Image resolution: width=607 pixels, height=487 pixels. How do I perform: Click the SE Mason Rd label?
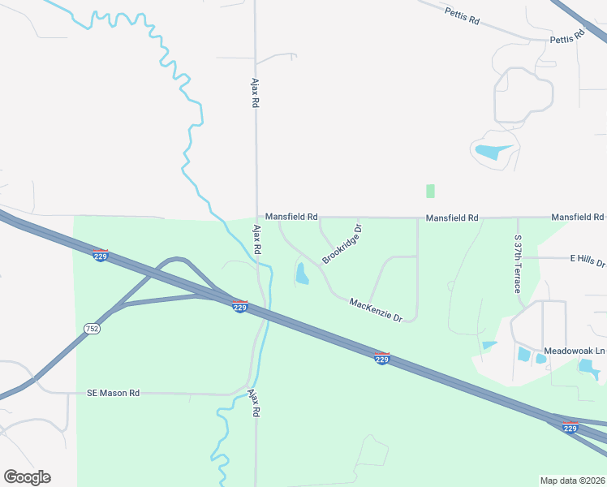pyautogui.click(x=114, y=393)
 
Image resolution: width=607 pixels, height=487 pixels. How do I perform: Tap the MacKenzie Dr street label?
pyautogui.click(x=376, y=309)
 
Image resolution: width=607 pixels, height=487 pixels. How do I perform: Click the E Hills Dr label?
pyautogui.click(x=588, y=259)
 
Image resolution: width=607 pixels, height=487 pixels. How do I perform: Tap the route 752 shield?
pyautogui.click(x=92, y=329)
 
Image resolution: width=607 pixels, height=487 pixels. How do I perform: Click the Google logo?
pyautogui.click(x=27, y=477)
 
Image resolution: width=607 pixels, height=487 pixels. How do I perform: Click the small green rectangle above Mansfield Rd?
pyautogui.click(x=430, y=191)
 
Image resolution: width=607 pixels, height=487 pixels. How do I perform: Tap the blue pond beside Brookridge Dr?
pyautogui.click(x=302, y=274)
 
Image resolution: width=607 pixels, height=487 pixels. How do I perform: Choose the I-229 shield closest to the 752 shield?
pyautogui.click(x=101, y=256)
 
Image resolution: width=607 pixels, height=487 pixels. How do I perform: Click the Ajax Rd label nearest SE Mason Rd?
pyautogui.click(x=254, y=403)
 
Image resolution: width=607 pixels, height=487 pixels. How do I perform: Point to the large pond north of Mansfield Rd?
pyautogui.click(x=492, y=151)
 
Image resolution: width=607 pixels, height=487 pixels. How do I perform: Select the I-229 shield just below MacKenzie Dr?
pyautogui.click(x=382, y=358)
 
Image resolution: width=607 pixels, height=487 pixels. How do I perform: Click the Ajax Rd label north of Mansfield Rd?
pyautogui.click(x=254, y=93)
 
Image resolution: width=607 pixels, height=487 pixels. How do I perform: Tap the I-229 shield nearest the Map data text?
pyautogui.click(x=570, y=428)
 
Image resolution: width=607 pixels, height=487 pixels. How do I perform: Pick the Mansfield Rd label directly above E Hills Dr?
pyautogui.click(x=578, y=218)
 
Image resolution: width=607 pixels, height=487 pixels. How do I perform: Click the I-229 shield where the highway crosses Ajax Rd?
pyautogui.click(x=240, y=308)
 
